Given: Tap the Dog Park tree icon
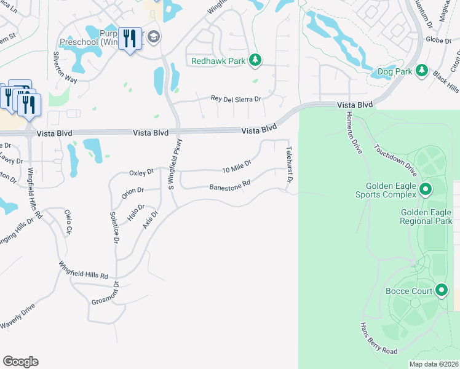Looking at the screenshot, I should click(421, 71).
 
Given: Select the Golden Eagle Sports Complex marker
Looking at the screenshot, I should click(424, 189).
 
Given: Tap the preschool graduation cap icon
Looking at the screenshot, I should click(153, 37).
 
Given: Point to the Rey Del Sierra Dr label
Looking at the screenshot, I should click(236, 98).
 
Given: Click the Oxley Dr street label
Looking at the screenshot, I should click(140, 173).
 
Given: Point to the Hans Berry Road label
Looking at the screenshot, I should click(379, 339).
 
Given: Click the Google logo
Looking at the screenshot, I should click(20, 362).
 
